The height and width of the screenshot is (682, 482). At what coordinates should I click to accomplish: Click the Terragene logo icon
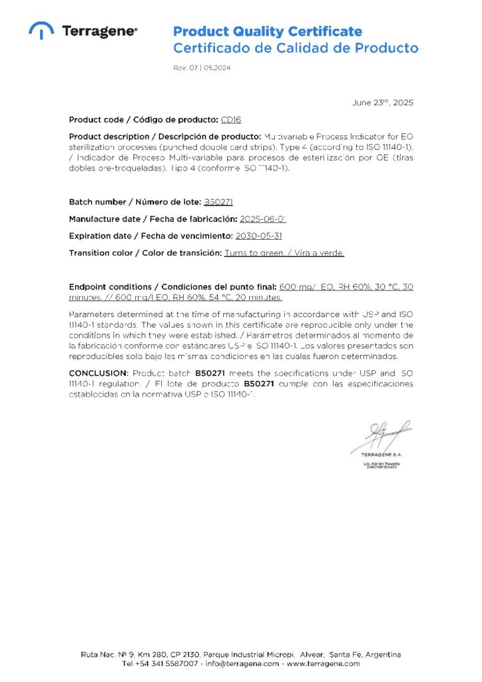(42, 30)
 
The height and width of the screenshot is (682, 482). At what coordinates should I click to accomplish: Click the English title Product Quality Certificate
(268, 31)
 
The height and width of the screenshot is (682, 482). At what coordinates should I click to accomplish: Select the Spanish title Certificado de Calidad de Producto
(296, 48)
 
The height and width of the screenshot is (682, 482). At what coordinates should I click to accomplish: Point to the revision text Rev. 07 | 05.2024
(202, 69)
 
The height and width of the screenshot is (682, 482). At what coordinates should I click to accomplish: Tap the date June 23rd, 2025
(382, 103)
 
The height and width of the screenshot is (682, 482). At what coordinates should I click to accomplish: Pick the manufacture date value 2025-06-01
(263, 219)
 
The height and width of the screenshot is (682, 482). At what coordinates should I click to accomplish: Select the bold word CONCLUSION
(98, 374)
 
